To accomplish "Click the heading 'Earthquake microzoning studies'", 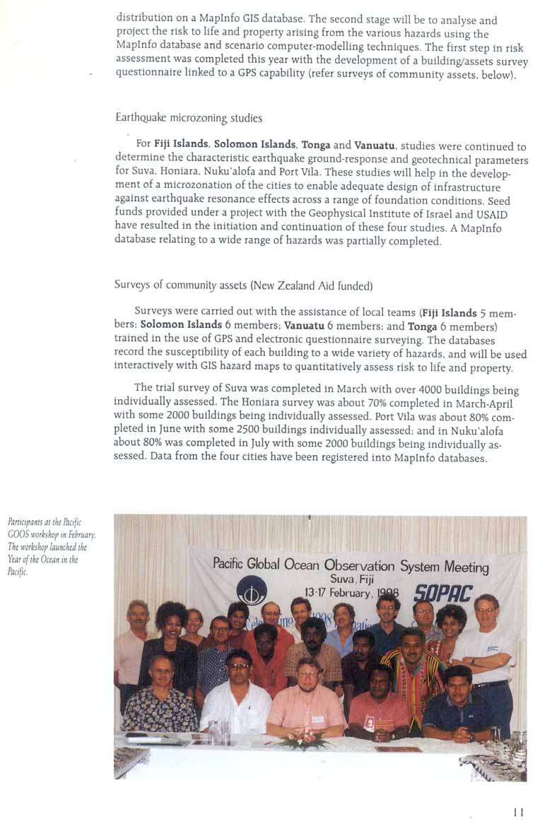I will tap(188, 118).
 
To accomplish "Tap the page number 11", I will tap(519, 813).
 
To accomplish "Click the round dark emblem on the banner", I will tap(252, 590).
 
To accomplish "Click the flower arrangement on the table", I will tap(305, 742).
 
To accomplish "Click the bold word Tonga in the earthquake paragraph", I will tap(316, 146).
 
